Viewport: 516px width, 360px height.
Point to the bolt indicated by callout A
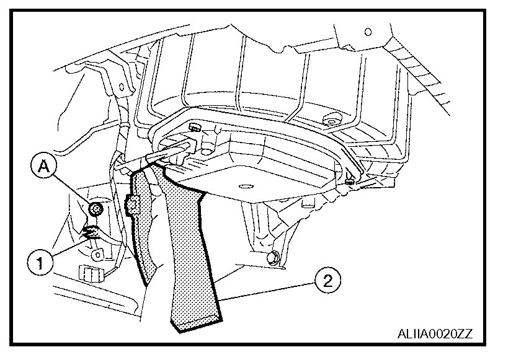tap(96, 209)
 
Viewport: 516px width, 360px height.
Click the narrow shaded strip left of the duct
tap(141, 229)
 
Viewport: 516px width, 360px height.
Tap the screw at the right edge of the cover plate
tap(350, 180)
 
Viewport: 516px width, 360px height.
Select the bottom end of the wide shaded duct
tap(195, 321)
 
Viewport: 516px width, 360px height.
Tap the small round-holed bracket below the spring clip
tap(96, 253)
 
